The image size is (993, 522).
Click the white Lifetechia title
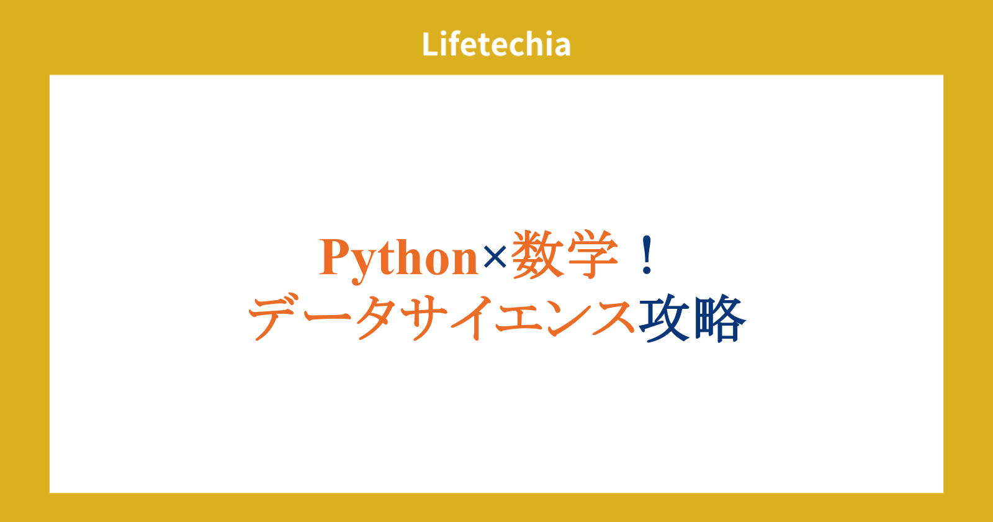click(x=496, y=43)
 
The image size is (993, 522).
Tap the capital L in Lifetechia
click(x=430, y=44)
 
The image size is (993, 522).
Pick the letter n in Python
click(x=462, y=262)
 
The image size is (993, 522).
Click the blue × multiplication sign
click(x=495, y=258)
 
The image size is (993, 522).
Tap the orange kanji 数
click(x=537, y=255)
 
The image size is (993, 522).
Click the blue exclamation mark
click(x=647, y=255)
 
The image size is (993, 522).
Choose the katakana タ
click(x=376, y=317)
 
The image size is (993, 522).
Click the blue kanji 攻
click(x=664, y=318)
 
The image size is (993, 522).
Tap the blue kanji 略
click(x=720, y=318)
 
